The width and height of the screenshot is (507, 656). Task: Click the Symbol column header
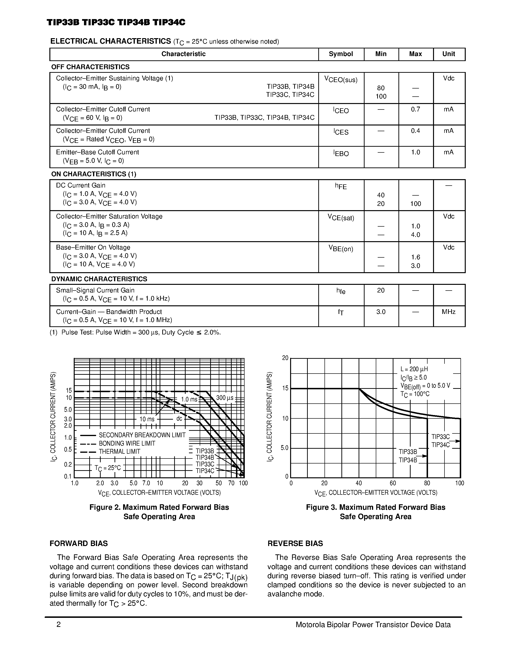pyautogui.click(x=341, y=54)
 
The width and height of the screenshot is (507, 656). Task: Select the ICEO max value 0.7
pyautogui.click(x=415, y=109)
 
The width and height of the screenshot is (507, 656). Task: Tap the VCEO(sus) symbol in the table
pyautogui.click(x=341, y=80)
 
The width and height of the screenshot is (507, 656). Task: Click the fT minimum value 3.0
pyautogui.click(x=381, y=312)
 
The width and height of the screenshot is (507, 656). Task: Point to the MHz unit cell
pyautogui.click(x=449, y=312)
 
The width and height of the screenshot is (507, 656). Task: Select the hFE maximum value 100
pyautogui.click(x=415, y=204)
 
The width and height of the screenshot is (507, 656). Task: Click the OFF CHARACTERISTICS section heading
pyautogui.click(x=90, y=67)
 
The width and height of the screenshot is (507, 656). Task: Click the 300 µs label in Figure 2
pyautogui.click(x=225, y=398)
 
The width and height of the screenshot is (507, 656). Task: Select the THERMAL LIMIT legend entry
pyautogui.click(x=119, y=452)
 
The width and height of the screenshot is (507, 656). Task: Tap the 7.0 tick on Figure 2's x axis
pyautogui.click(x=146, y=483)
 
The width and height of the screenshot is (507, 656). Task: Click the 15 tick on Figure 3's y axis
pyautogui.click(x=285, y=388)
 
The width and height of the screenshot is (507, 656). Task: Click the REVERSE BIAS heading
pyautogui.click(x=295, y=543)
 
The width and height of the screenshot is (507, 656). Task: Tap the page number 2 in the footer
pyautogui.click(x=58, y=625)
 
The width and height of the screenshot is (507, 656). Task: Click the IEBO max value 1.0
pyautogui.click(x=415, y=152)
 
